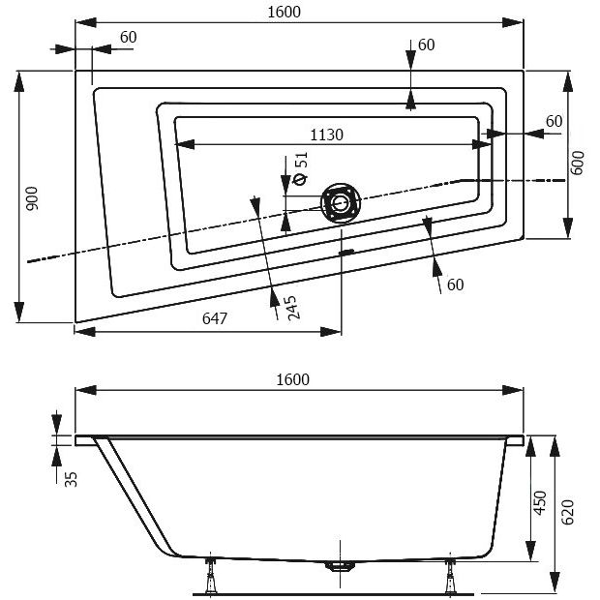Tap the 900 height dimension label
click(x=32, y=197)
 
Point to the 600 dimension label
click(x=578, y=163)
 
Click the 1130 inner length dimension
click(x=327, y=134)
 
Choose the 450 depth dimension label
click(x=541, y=503)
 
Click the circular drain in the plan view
click(x=340, y=203)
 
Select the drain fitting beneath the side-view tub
click(x=338, y=567)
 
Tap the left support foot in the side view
click(x=212, y=577)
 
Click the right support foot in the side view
click(x=451, y=577)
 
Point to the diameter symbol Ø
click(x=299, y=180)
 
